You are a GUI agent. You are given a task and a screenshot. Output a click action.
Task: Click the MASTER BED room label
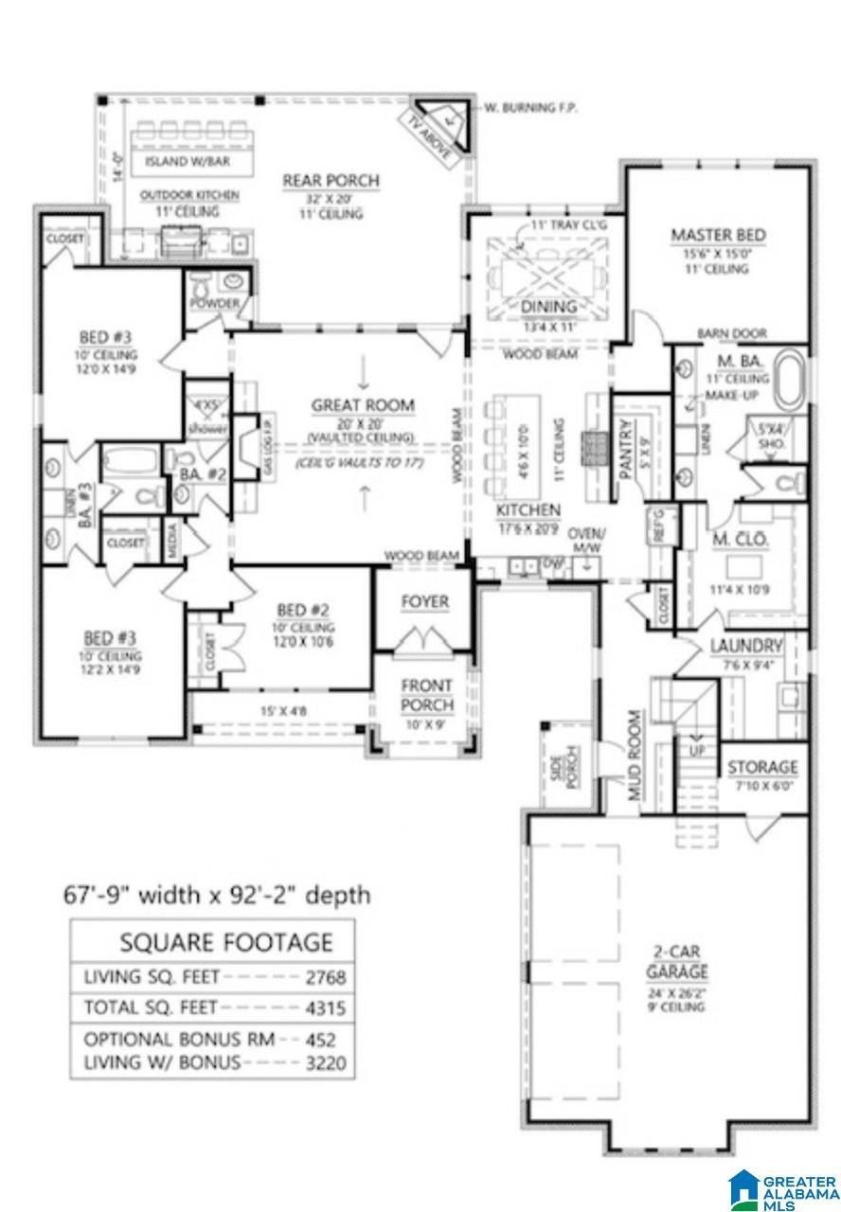(x=718, y=235)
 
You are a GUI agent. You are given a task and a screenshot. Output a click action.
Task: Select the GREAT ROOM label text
(x=363, y=405)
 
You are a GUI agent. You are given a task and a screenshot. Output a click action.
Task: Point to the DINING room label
(x=548, y=306)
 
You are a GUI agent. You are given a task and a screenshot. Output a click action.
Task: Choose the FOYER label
(x=424, y=602)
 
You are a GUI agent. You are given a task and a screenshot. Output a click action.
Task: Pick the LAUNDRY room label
(x=746, y=647)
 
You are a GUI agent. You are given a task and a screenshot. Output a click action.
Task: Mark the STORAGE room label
(x=761, y=767)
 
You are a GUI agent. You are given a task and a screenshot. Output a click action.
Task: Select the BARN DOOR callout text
(x=731, y=333)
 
